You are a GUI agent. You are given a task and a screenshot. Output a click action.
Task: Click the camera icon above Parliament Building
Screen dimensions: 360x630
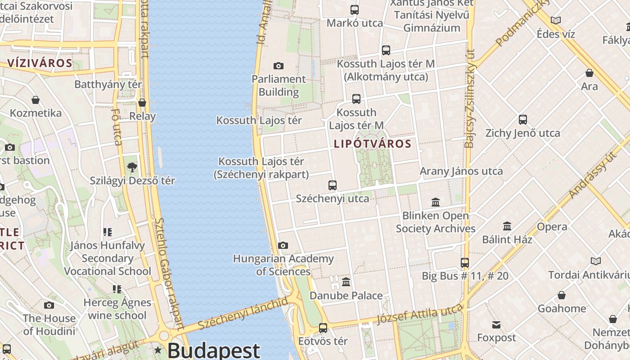(x=279, y=66)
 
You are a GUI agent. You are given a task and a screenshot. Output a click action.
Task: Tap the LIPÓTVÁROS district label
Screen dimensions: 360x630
(x=373, y=144)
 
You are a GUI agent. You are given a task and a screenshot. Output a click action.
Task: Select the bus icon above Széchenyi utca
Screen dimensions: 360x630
(x=333, y=185)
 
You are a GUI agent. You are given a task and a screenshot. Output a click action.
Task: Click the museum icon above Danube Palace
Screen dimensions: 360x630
(x=346, y=282)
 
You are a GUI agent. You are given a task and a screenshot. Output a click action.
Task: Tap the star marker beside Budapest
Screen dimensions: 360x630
(x=158, y=350)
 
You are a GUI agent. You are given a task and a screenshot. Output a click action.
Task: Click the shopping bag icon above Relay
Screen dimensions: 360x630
(x=142, y=103)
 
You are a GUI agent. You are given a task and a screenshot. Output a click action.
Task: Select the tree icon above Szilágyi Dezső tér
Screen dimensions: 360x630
(x=132, y=167)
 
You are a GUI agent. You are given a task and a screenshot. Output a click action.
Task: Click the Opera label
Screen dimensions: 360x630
(x=552, y=227)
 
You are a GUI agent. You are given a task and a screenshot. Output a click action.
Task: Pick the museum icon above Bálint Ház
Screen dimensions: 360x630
(x=507, y=226)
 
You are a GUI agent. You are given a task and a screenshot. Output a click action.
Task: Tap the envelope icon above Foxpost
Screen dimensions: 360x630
(x=496, y=324)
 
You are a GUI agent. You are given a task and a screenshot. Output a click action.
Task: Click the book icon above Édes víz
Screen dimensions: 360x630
(x=556, y=20)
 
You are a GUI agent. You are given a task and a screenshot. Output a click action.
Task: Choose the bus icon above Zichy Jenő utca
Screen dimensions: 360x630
(x=522, y=120)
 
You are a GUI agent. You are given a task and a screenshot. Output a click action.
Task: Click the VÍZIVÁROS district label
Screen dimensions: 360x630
(x=40, y=63)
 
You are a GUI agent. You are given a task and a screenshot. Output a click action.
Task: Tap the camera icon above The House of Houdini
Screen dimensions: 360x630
(x=49, y=305)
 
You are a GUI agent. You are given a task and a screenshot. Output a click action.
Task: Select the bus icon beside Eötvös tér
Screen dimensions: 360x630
(x=323, y=328)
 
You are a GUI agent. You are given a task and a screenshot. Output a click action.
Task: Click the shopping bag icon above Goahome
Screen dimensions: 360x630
(x=562, y=295)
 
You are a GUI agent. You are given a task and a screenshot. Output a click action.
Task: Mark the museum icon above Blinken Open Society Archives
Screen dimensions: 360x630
(x=436, y=202)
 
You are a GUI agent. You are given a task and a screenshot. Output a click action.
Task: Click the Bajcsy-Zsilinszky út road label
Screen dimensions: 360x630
(x=470, y=99)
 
